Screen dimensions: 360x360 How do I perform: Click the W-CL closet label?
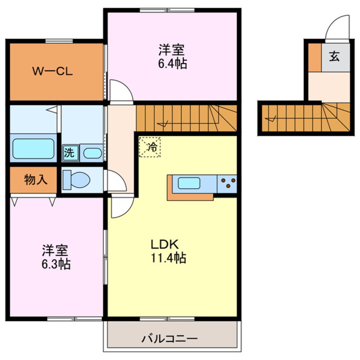(53, 71)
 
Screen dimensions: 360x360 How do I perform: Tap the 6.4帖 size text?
(172, 64)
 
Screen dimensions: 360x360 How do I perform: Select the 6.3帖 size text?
(56, 264)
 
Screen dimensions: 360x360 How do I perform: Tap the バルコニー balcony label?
(170, 339)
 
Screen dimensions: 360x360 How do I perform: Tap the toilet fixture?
(76, 180)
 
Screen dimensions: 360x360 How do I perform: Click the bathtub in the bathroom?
(32, 149)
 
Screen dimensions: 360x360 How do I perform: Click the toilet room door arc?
(116, 181)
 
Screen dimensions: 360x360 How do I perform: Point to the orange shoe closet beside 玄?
(314, 57)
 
